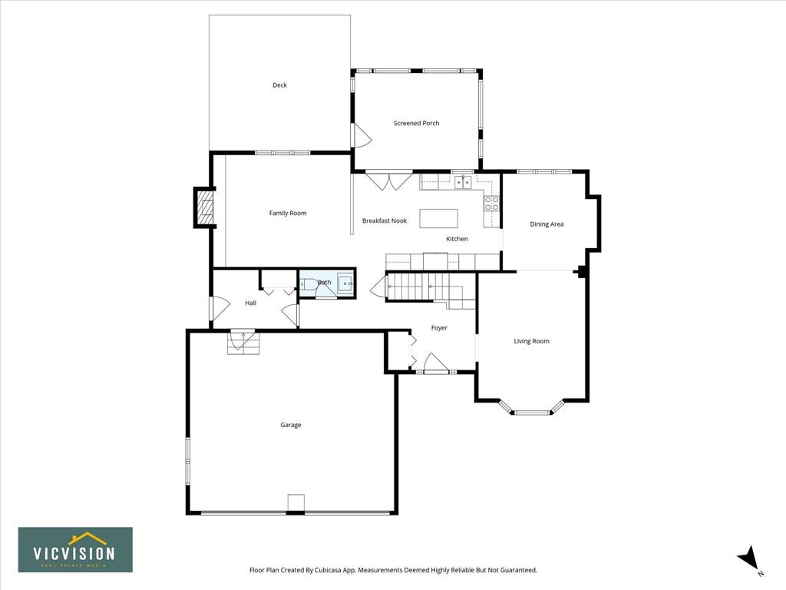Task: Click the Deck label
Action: click(x=279, y=85)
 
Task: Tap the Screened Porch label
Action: click(x=416, y=123)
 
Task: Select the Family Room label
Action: click(x=288, y=214)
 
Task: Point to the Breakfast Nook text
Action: click(x=385, y=220)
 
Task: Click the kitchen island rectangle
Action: click(x=438, y=218)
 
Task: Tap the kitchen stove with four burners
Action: click(x=491, y=203)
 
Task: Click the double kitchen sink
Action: click(x=463, y=182)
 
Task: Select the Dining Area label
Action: click(x=547, y=224)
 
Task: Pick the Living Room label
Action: click(x=531, y=341)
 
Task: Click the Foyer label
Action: click(x=439, y=327)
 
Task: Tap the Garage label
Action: click(x=291, y=425)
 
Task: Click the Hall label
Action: click(x=251, y=303)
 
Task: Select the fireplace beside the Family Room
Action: click(x=204, y=207)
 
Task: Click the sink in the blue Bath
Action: click(x=345, y=283)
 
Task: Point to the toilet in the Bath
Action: click(x=306, y=284)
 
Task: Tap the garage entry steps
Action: click(x=244, y=343)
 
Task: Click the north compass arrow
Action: click(x=748, y=558)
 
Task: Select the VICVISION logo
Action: click(x=76, y=550)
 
